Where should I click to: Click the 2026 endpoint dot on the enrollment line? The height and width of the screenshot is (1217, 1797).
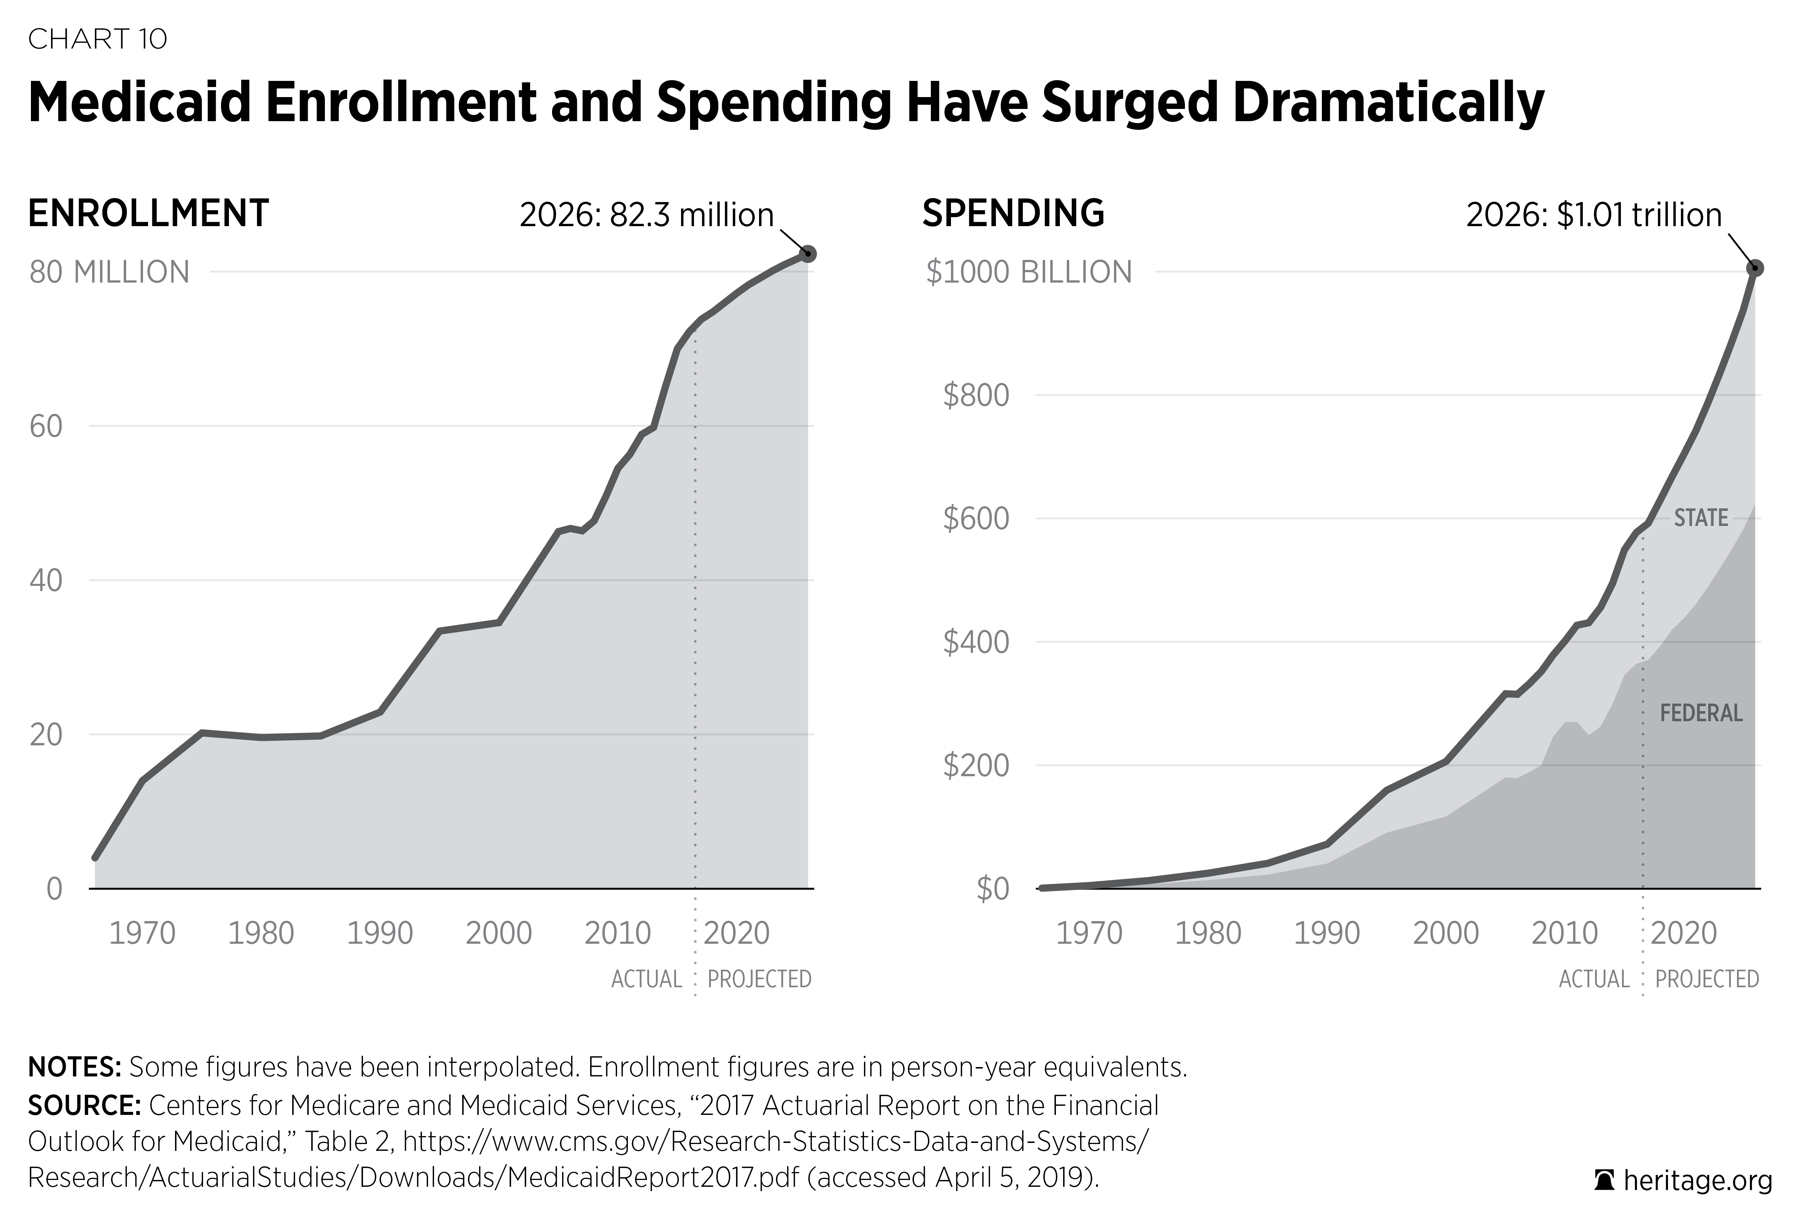(x=808, y=254)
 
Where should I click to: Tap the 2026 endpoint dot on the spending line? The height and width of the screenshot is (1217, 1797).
(x=1755, y=269)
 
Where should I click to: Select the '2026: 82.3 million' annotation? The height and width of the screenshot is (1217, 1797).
(x=647, y=215)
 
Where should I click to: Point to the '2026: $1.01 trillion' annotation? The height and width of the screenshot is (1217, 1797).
(x=1594, y=215)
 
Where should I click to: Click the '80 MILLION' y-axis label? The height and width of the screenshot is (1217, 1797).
(x=109, y=272)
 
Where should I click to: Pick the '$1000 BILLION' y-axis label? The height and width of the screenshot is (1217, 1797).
(x=1028, y=272)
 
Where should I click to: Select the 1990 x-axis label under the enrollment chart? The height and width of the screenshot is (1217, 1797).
(x=380, y=933)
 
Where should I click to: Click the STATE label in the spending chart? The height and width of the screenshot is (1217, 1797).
(x=1701, y=518)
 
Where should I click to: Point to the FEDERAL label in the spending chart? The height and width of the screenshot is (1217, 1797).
(x=1701, y=713)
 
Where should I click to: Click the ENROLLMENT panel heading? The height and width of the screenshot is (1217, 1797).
(x=148, y=214)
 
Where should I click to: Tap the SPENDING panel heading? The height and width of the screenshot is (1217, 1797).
(x=1013, y=214)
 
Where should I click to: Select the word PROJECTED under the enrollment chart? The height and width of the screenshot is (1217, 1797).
(x=759, y=979)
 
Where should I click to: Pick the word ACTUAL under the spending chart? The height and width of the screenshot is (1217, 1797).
(x=1594, y=979)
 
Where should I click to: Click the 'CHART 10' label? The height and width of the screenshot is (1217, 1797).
(x=97, y=39)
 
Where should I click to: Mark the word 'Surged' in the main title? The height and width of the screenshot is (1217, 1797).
(x=1129, y=103)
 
